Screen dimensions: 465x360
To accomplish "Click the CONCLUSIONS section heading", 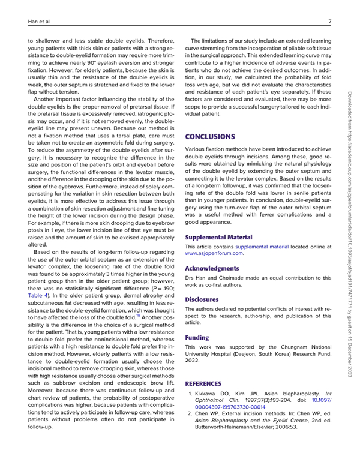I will (x=214, y=137).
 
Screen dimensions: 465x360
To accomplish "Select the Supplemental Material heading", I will (x=218, y=237).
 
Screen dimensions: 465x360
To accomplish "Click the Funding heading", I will (x=197, y=338).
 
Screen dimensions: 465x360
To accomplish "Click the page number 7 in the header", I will (x=331, y=23).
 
